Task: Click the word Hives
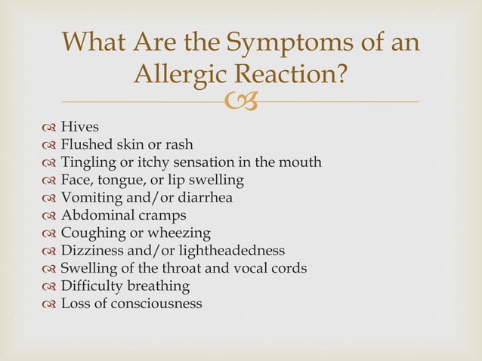[79, 128]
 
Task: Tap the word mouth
[301, 162]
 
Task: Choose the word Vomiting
[93, 198]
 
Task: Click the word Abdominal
[95, 215]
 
